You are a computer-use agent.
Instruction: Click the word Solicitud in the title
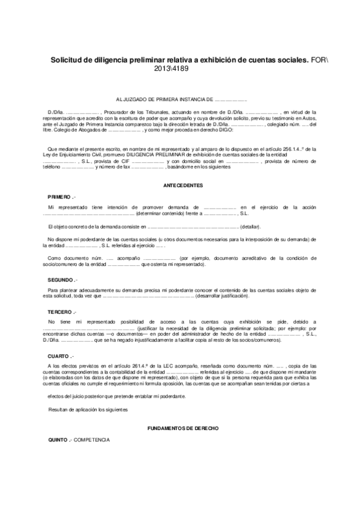coord(68,60)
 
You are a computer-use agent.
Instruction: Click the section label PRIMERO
coord(60,197)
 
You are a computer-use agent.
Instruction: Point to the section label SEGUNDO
coord(61,280)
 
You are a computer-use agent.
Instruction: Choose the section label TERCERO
coord(61,312)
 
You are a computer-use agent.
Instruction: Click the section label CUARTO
coord(59,355)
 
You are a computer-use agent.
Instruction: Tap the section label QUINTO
coord(59,440)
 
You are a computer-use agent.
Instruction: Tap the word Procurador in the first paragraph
coord(119,112)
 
